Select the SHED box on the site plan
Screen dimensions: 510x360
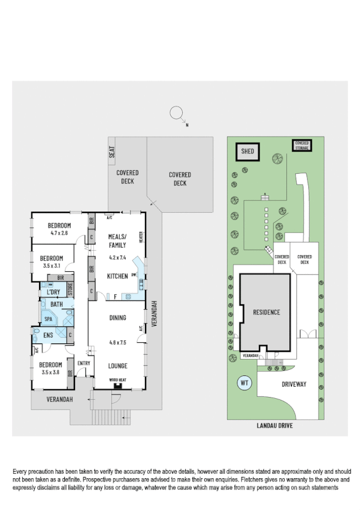[248, 152]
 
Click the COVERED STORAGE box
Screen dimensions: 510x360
[302, 146]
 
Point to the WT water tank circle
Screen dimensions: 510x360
[245, 382]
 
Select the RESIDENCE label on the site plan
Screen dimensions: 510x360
[266, 312]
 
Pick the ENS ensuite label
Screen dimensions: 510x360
[49, 334]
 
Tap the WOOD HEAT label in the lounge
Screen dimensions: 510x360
[117, 380]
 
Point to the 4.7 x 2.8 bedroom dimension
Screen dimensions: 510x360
[59, 233]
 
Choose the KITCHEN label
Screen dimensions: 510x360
[117, 276]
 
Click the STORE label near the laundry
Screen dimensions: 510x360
[70, 288]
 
